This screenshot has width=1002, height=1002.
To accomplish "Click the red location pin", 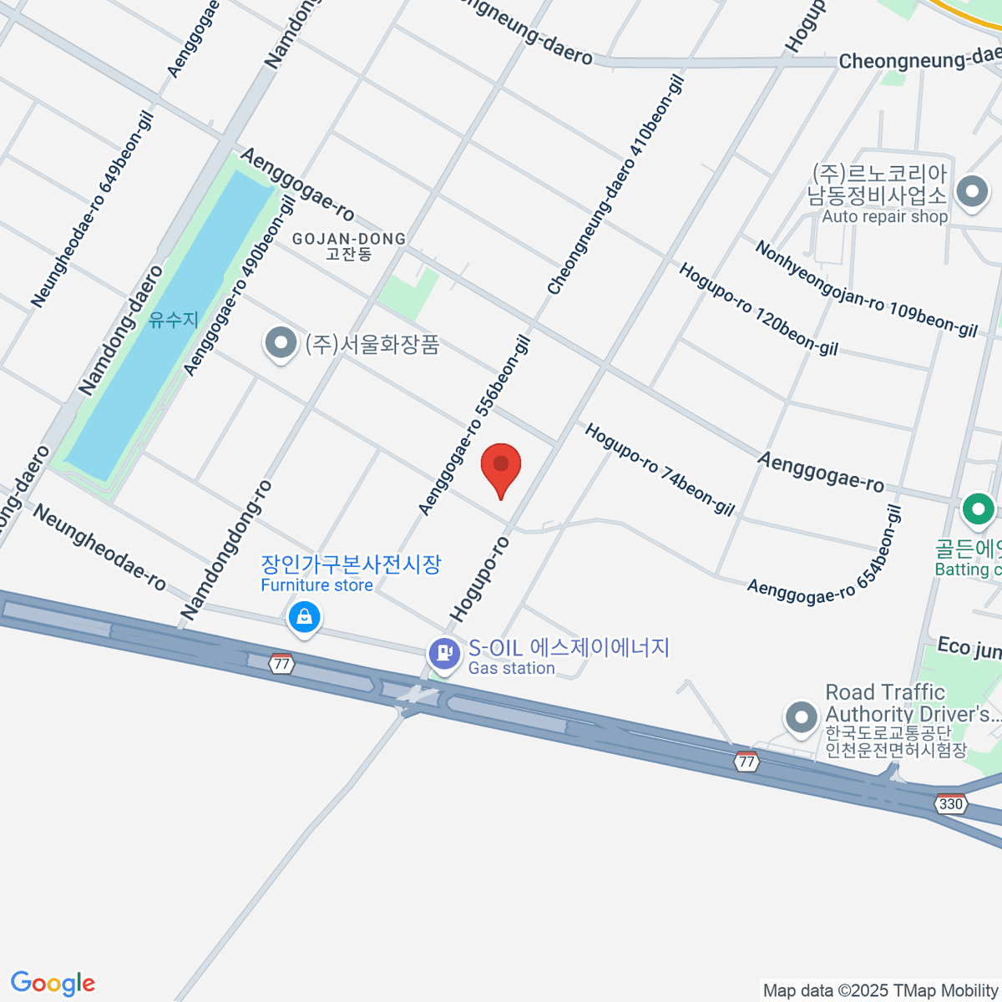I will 501,467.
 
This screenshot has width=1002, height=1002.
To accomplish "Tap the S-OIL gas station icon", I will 444,652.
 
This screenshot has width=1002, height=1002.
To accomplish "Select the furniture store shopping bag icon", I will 304,618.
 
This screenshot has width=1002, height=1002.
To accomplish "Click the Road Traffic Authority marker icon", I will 802,716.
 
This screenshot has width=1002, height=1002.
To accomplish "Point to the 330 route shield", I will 951,804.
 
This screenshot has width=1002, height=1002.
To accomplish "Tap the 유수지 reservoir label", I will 174,320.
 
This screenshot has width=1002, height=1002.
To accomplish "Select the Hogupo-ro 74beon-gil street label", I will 660,469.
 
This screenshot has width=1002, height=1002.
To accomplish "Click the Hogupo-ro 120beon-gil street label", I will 758,309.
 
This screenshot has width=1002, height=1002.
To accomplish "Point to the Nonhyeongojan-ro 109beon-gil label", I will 866,288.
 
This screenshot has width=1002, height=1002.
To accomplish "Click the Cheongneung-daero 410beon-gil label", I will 616,185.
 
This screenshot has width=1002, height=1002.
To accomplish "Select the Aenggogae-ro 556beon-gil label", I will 474,425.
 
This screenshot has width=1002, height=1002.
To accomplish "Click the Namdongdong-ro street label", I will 226,550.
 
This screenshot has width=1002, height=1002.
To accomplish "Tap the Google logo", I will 53,984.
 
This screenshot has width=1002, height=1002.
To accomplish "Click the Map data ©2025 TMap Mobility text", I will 880,991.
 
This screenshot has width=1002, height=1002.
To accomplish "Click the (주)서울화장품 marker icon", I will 281,343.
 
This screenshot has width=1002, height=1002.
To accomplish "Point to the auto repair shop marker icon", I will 971,192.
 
